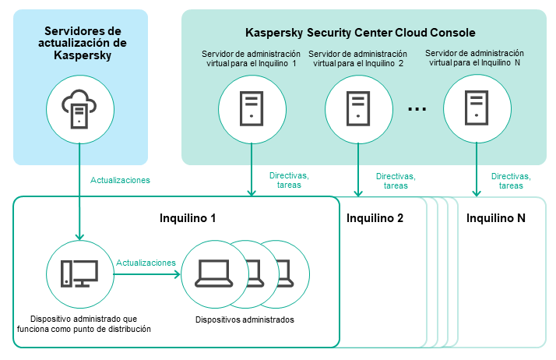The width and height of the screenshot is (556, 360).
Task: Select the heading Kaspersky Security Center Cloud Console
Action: tap(360, 33)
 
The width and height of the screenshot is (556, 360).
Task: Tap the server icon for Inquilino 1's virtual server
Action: tap(251, 109)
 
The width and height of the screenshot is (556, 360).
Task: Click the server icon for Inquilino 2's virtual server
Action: tap(358, 109)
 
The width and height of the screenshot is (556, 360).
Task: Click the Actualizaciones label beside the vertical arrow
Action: tap(120, 180)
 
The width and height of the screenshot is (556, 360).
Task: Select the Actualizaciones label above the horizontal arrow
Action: tap(146, 263)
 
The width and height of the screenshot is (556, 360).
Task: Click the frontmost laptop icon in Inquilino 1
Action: tap(212, 272)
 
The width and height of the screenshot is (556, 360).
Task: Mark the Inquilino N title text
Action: tap(496, 218)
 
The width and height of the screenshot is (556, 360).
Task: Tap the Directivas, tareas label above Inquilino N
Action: tap(511, 181)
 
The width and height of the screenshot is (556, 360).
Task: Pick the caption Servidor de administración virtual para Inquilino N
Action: tap(475, 58)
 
